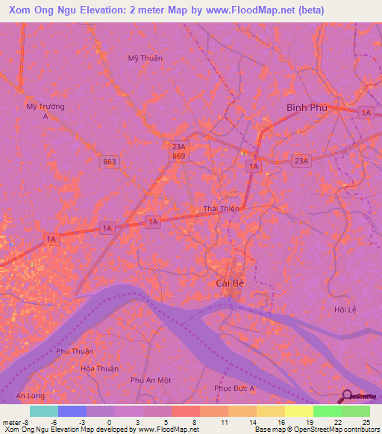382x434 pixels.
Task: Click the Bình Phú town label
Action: coord(307,108)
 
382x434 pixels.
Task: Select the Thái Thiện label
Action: coord(221,209)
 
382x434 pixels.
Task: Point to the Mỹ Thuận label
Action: coord(145,58)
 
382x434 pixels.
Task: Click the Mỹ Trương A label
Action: coord(46,111)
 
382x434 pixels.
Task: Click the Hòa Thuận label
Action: coord(100,368)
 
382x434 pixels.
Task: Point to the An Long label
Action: coord(31,395)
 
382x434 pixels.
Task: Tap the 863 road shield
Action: coord(110,161)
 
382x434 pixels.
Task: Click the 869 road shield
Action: coord(178,157)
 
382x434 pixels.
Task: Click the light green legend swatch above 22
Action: coord(327,411)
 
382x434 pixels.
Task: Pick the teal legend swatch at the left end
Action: coord(43,411)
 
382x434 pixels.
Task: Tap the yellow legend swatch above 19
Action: coord(298,411)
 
